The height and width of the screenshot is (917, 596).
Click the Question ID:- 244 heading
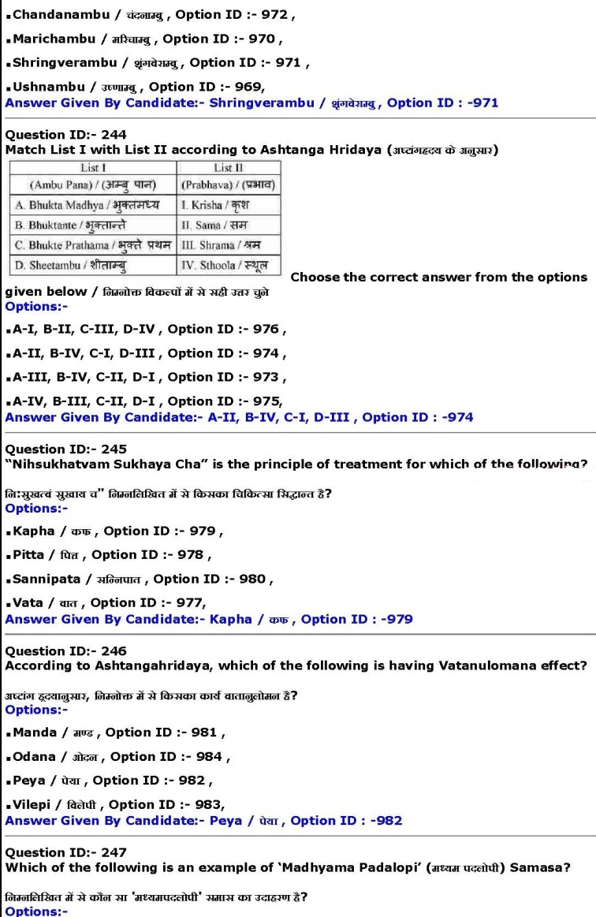pyautogui.click(x=65, y=135)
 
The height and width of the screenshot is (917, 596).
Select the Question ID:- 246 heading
pyautogui.click(x=65, y=651)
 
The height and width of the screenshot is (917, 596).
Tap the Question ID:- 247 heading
pyautogui.click(x=65, y=852)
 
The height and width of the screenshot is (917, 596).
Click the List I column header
pyautogui.click(x=93, y=168)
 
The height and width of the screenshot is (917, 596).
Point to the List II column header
pyautogui.click(x=229, y=168)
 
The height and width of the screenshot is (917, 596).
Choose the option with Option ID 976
pyautogui.click(x=146, y=329)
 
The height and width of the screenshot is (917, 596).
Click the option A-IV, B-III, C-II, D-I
pyautogui.click(x=146, y=401)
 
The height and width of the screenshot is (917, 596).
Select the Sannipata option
pyautogui.click(x=138, y=579)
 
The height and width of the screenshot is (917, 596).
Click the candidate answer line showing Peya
pyautogui.click(x=203, y=820)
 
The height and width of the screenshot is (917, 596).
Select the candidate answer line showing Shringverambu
pyautogui.click(x=251, y=103)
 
